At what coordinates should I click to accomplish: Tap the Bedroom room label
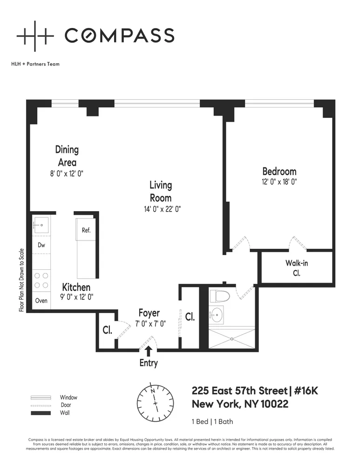[x=279, y=171]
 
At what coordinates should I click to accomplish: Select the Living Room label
[x=161, y=192]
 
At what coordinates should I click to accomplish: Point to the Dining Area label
[x=67, y=156]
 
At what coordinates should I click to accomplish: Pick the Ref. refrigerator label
[x=86, y=230]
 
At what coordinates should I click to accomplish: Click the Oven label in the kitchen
[x=41, y=301]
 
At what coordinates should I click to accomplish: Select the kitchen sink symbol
[x=41, y=226]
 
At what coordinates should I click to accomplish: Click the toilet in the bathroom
[x=218, y=296]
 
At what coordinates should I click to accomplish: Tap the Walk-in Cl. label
[x=297, y=268]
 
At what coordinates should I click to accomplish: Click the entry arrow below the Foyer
[x=149, y=351]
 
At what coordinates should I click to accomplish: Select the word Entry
[x=149, y=363]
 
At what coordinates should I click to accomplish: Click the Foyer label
[x=149, y=313]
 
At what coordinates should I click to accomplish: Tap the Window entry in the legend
[x=68, y=397]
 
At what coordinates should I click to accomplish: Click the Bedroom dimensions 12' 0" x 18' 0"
[x=279, y=182]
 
